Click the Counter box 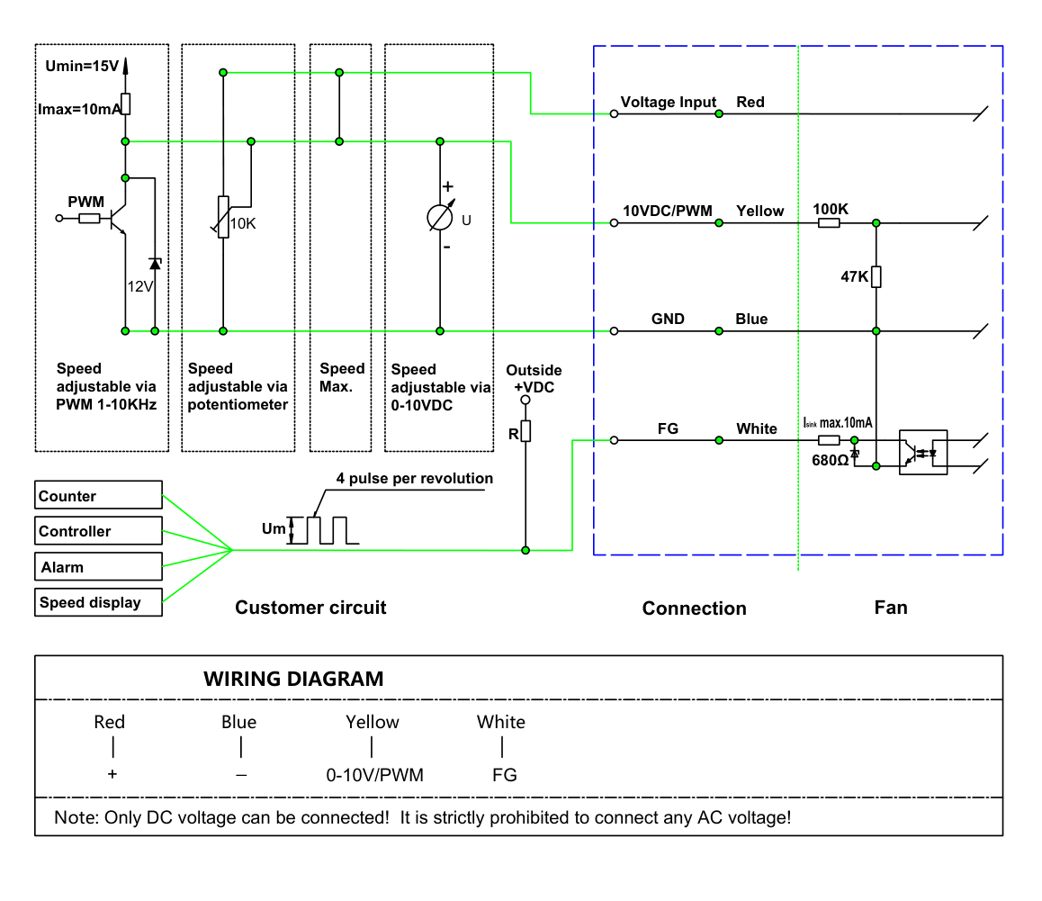[98, 495]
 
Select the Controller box [98, 531]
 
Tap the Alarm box [98, 566]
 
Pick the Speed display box [98, 602]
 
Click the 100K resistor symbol [829, 223]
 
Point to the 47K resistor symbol [876, 276]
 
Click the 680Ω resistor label [830, 460]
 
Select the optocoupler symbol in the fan [923, 452]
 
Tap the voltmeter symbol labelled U [440, 218]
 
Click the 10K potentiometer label [243, 223]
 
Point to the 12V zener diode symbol [155, 264]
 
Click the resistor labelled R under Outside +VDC [525, 431]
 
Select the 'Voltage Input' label [668, 102]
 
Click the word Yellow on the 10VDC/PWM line [759, 211]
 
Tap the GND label [668, 320]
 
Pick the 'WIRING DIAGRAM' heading [293, 679]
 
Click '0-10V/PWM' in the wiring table [375, 775]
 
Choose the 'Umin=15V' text [82, 66]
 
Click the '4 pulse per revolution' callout [415, 478]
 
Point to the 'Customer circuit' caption [310, 607]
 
